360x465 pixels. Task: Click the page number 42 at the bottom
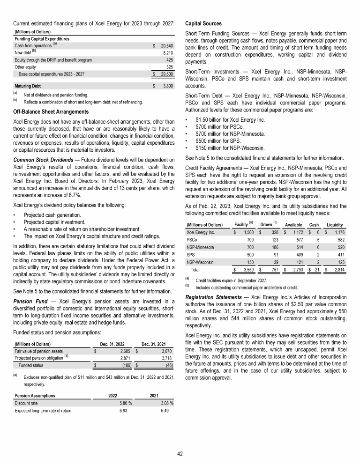(180, 453)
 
